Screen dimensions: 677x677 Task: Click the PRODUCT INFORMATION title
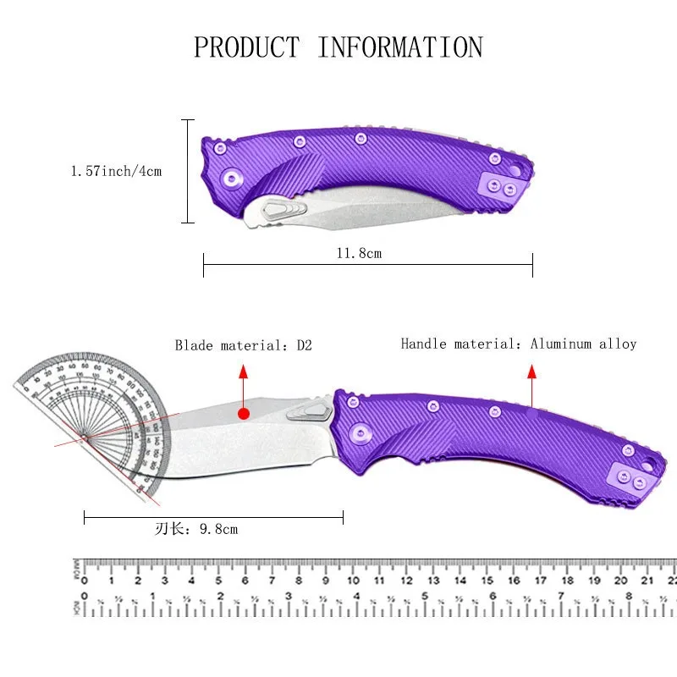point(338,47)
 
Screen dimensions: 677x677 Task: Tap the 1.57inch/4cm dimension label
point(116,171)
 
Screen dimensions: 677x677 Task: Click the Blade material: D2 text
point(244,345)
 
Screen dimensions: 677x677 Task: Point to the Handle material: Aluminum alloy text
point(518,344)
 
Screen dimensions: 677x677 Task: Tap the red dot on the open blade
point(244,414)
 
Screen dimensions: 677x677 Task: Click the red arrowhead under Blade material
point(244,372)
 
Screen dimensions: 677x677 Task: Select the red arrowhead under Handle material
point(532,372)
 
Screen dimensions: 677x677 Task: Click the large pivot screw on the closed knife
point(229,178)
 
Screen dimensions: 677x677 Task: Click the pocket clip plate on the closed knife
point(500,186)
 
